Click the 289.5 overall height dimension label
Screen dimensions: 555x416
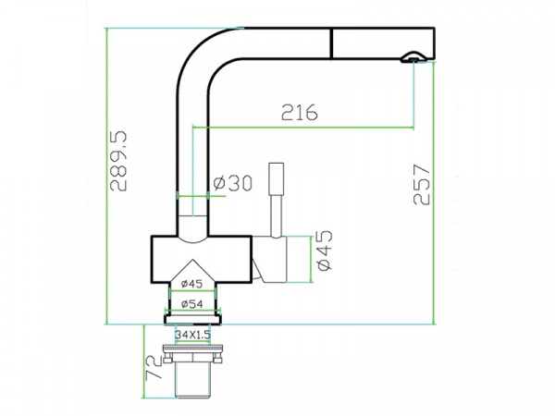118,161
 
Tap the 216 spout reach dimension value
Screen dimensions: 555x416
300,112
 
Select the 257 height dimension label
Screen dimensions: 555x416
421,184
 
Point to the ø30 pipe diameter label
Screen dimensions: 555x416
232,183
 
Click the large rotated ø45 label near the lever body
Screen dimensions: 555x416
325,251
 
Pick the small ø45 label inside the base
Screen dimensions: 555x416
191,284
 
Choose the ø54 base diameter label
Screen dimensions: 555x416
192,304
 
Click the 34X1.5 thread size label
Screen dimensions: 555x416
193,335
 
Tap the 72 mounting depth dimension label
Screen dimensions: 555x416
154,368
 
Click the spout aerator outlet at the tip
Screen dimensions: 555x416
413,58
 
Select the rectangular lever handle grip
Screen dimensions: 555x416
276,178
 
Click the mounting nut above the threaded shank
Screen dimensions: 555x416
193,353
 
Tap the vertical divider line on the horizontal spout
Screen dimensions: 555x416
332,43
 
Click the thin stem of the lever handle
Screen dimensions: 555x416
276,215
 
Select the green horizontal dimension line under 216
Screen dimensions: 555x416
303,127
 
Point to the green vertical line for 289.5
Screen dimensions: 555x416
105,177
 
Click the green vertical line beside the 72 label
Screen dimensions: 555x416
143,361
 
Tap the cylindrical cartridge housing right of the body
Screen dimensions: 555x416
269,259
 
